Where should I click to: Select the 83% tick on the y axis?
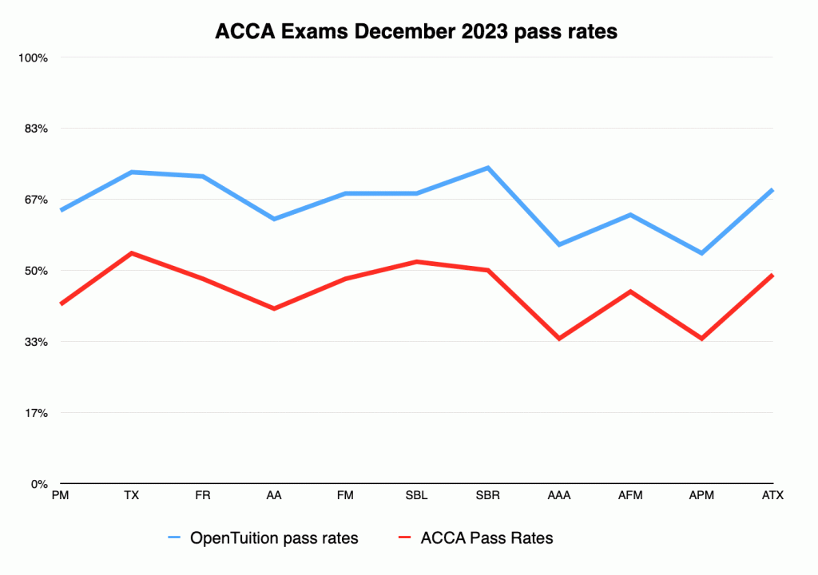36,129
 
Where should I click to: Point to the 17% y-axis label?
36,413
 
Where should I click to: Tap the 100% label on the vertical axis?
33,58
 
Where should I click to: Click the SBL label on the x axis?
416,495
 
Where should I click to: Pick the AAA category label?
558,495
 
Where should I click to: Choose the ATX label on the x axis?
772,495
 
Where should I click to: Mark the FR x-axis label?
203,495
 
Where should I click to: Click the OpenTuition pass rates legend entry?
263,538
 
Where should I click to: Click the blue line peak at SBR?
488,168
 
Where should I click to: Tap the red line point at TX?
132,253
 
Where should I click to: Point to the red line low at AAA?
559,339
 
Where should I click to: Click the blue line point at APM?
701,253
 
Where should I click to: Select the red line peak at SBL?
416,261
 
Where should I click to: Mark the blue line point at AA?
274,219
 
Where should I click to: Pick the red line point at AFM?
630,291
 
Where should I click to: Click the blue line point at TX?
132,172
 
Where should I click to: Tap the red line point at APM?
701,339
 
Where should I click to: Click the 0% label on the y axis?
39,484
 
